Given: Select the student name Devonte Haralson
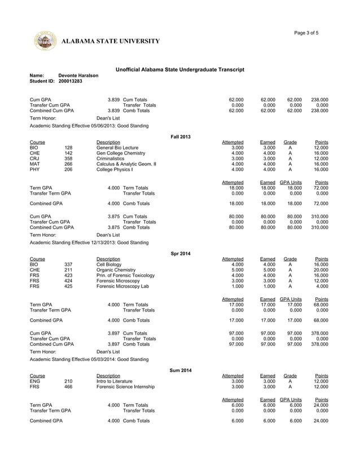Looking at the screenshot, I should tap(78, 75).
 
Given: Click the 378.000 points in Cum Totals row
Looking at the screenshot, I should tap(319, 333).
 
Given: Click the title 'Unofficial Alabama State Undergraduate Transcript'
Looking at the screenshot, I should tap(179, 69).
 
